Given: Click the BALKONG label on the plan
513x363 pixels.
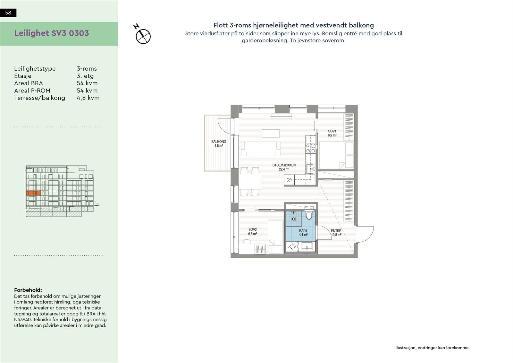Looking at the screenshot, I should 218,142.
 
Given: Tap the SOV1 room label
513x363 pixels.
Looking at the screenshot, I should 332,131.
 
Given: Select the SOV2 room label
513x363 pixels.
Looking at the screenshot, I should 252,229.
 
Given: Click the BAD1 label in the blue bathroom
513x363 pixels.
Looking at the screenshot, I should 303,231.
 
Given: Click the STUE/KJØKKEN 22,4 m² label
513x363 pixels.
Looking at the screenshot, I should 284,165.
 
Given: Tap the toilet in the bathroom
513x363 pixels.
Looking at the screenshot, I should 309,215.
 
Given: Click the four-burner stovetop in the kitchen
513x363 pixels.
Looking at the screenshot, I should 310,148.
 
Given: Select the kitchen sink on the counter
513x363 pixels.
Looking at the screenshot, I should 310,169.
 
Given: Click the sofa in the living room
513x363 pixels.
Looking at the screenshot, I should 260,149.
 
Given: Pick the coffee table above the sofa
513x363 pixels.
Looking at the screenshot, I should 270,133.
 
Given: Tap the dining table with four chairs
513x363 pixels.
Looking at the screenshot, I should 250,182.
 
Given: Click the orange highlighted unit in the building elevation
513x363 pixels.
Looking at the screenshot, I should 33,193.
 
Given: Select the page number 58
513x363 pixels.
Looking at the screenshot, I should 8,13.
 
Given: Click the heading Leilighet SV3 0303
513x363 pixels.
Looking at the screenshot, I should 52,33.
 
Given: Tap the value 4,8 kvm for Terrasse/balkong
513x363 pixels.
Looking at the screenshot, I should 88,98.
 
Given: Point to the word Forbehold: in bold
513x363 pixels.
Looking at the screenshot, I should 28,290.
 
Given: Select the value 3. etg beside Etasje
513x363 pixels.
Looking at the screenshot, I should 85,76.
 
